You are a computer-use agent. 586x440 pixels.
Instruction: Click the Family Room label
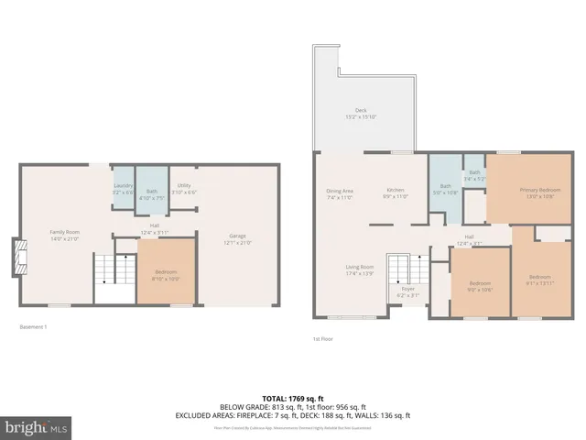pos(64,233)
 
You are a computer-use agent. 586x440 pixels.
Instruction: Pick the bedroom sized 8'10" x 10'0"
pos(166,272)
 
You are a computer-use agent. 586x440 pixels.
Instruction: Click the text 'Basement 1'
pos(33,327)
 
